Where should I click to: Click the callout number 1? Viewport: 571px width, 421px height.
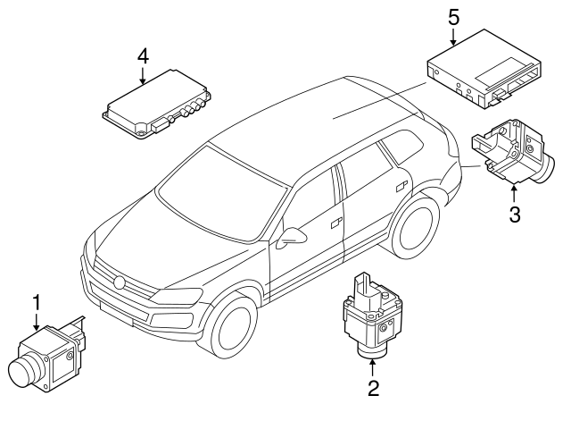(x=37, y=304)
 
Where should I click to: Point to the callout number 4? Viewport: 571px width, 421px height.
(x=142, y=56)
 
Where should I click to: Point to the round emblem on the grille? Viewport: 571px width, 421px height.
(x=119, y=282)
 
